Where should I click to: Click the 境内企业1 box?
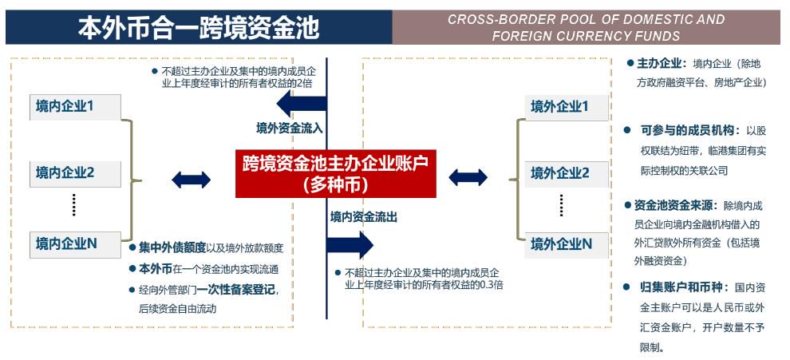pyautogui.click(x=75, y=107)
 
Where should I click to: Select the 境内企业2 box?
pyautogui.click(x=75, y=173)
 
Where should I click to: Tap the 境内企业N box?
pyautogui.click(x=75, y=244)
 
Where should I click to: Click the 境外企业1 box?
pyautogui.click(x=567, y=107)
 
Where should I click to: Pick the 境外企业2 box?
pyautogui.click(x=567, y=173)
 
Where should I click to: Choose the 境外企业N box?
pyautogui.click(x=567, y=244)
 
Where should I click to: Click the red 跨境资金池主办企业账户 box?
pyautogui.click(x=335, y=173)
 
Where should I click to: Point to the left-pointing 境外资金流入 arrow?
pyautogui.click(x=302, y=105)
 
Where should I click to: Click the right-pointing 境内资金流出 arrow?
pyautogui.click(x=350, y=245)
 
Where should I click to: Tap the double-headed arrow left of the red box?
pyautogui.click(x=191, y=180)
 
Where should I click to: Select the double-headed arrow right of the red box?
pyautogui.click(x=468, y=177)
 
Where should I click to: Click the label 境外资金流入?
pyautogui.click(x=290, y=129)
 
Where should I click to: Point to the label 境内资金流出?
pyautogui.click(x=364, y=217)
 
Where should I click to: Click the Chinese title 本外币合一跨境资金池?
pyautogui.click(x=199, y=28)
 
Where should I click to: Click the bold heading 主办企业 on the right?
pyautogui.click(x=659, y=64)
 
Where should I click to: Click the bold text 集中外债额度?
pyautogui.click(x=172, y=247)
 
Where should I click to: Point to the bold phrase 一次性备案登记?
pyautogui.click(x=236, y=290)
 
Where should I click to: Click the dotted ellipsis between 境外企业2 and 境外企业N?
pyautogui.click(x=561, y=205)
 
